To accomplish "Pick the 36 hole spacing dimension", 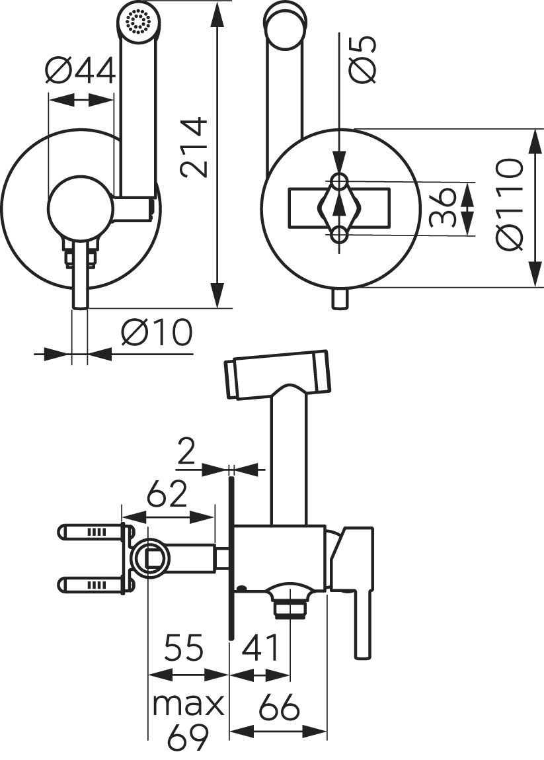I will [443, 206].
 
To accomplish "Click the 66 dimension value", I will [278, 708].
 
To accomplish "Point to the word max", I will [188, 705].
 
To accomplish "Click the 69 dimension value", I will [188, 737].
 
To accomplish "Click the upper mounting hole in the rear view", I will [340, 181].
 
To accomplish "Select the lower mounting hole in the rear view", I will [340, 233].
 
